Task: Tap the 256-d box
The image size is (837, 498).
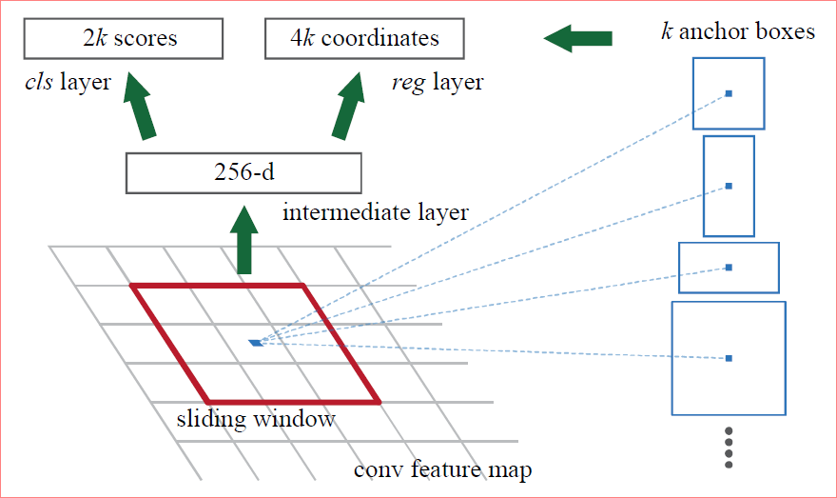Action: click(x=243, y=174)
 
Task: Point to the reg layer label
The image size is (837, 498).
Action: click(x=437, y=83)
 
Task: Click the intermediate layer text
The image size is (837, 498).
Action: click(x=376, y=211)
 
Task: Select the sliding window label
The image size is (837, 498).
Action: click(x=256, y=419)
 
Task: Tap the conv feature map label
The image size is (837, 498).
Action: click(x=442, y=469)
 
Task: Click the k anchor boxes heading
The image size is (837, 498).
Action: click(x=738, y=31)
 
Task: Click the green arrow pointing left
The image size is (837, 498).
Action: click(x=578, y=39)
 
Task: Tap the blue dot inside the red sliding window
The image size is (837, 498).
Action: click(x=255, y=342)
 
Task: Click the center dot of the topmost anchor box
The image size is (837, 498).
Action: click(x=729, y=93)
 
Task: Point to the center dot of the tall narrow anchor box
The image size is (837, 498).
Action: click(x=729, y=186)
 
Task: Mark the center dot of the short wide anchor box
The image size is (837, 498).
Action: click(x=729, y=268)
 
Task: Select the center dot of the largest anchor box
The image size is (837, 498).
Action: click(x=729, y=358)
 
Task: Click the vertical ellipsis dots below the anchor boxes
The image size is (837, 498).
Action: click(x=729, y=448)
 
